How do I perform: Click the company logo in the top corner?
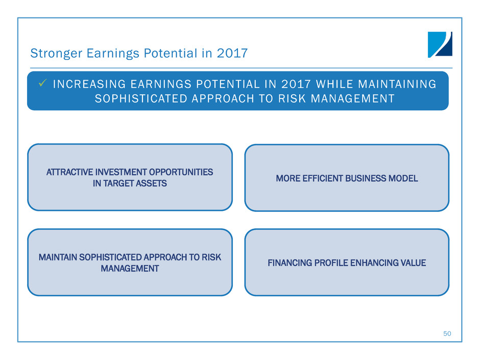click(x=440, y=44)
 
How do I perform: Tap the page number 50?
click(x=447, y=333)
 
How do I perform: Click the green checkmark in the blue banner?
click(x=42, y=83)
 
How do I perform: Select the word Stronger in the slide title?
click(x=56, y=53)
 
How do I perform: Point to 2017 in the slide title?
click(x=232, y=53)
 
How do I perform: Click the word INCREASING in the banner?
click(x=89, y=84)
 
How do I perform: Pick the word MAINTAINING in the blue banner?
click(x=397, y=84)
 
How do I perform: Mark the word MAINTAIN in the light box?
click(x=58, y=257)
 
